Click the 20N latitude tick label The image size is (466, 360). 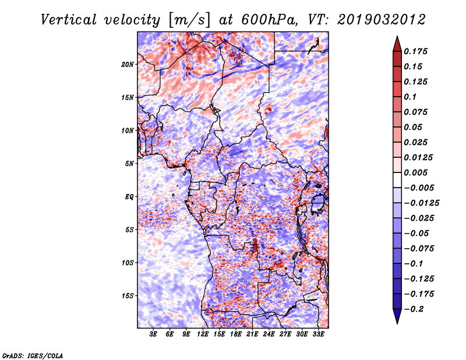tap(127, 65)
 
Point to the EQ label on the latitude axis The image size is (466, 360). tap(129, 197)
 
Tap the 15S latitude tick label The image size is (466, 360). tap(128, 296)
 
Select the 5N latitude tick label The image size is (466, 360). tap(129, 164)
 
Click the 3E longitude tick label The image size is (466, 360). tap(153, 334)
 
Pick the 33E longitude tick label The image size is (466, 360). tap(318, 334)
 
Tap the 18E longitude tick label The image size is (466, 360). tap(236, 334)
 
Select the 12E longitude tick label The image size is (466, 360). tap(203, 334)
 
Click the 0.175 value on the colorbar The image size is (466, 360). tap(415, 51)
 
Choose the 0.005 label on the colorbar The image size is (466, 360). tap(415, 172)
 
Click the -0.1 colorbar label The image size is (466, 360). tap(414, 264)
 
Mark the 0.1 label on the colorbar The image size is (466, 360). tap(410, 97)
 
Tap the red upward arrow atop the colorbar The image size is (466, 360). tap(397, 44)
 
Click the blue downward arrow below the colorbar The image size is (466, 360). tap(397, 316)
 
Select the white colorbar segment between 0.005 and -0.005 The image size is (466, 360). tap(397, 180)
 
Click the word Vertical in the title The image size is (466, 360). tap(69, 20)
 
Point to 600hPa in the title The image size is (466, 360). tap(269, 20)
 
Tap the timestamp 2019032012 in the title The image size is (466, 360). tap(382, 20)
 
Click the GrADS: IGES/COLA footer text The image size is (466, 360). tap(33, 356)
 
